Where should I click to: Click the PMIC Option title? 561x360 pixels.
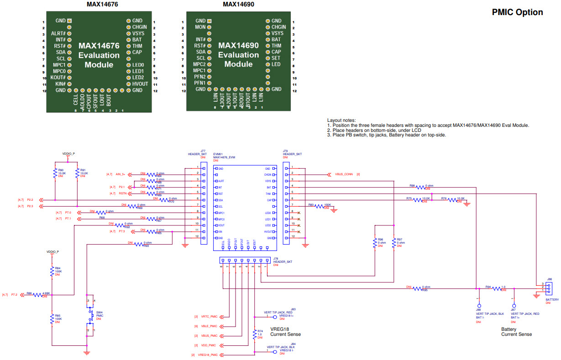point(517,12)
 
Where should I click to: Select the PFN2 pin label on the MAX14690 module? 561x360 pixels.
point(199,77)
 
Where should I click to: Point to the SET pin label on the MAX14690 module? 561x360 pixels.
point(276,58)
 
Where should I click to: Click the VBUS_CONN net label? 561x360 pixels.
point(344,174)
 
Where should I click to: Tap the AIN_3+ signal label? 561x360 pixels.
point(121,174)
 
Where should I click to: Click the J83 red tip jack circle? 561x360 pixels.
point(274,317)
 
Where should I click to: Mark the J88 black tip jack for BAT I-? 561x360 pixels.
point(479,306)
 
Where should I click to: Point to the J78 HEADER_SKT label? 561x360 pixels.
point(283,261)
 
